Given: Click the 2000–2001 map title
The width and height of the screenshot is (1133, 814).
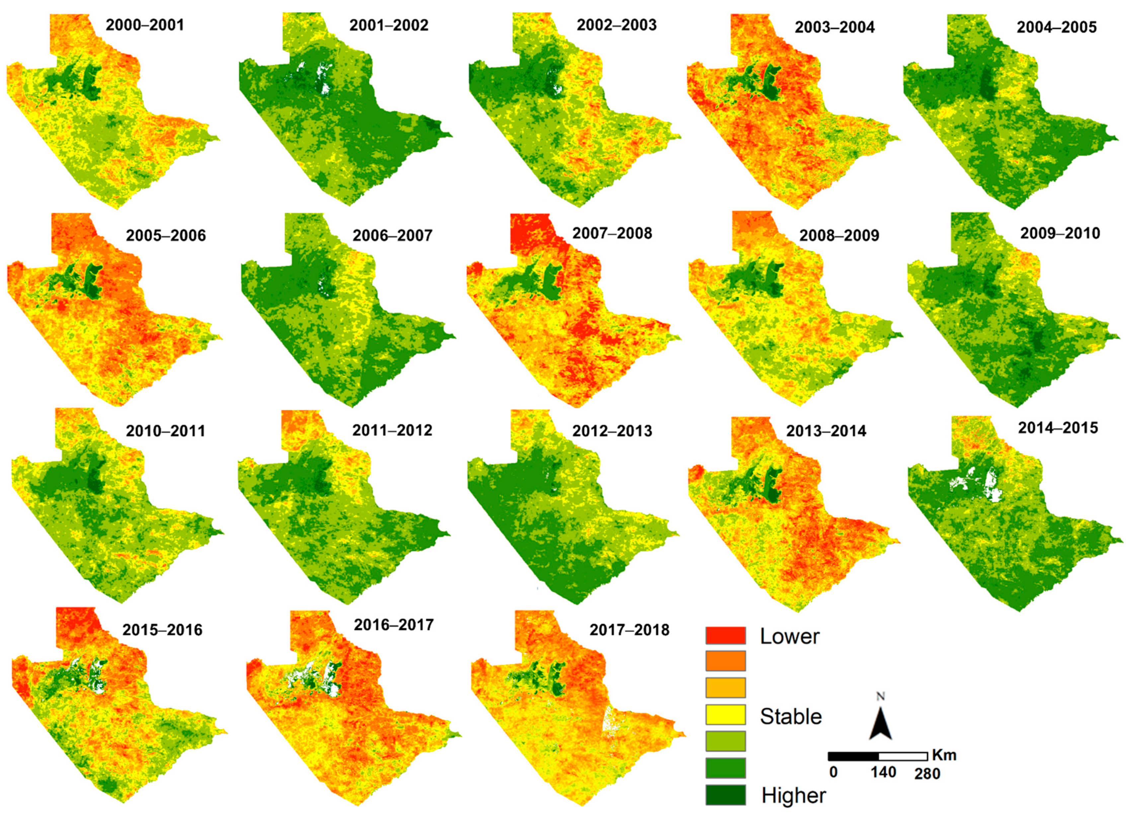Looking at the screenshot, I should [x=145, y=25].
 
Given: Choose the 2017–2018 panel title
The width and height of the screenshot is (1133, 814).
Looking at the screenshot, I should [x=629, y=630].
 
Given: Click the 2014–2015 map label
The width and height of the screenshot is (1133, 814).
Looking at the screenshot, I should [x=1058, y=428].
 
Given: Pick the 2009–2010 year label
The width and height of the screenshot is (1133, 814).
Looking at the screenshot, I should [x=1060, y=233].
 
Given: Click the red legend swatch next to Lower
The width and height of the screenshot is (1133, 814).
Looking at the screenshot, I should [x=725, y=636].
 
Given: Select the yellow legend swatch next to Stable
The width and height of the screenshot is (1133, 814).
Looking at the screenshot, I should [x=725, y=715].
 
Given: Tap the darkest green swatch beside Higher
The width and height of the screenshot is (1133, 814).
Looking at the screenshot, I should [x=725, y=795].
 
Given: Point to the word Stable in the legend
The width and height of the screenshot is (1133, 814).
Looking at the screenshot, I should [x=791, y=717].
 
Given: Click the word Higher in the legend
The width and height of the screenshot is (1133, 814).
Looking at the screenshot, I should [x=793, y=795].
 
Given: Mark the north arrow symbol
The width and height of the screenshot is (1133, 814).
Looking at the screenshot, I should [x=880, y=719].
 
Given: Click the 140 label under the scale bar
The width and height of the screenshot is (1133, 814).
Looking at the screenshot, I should [x=883, y=773].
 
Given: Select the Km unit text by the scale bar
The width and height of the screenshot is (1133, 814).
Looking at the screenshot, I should [x=944, y=755].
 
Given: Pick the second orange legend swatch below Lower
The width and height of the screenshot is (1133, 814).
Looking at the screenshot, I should [x=725, y=661].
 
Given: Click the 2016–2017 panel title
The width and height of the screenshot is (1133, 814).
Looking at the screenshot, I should [x=394, y=625].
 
